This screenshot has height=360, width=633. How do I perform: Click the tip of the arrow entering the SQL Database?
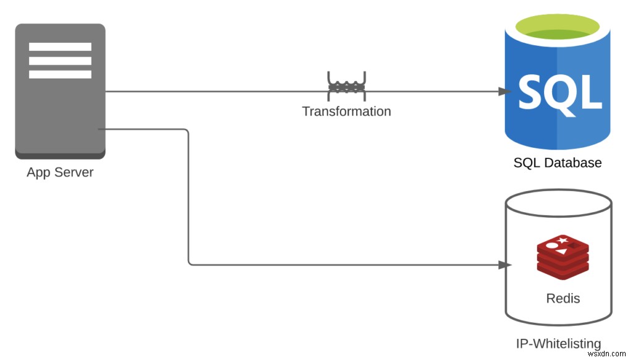pos(511,92)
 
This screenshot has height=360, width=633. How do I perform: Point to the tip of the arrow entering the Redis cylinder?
pos(511,265)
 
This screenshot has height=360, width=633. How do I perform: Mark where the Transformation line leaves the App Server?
pos(106,92)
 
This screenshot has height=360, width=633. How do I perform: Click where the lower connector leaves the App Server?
pos(98,129)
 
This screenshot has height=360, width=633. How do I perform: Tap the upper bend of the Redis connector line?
pos(188,130)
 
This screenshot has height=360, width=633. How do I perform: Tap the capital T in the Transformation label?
pos(307,111)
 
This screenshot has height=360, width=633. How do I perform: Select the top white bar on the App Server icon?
pos(60,47)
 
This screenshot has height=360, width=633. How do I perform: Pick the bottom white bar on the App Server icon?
pos(60,74)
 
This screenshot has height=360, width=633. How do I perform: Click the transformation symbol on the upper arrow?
pos(346,86)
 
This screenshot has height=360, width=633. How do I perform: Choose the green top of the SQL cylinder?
pos(558,27)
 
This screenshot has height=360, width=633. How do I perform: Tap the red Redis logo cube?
pos(563,257)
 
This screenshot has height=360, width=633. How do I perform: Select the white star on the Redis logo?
pos(562,241)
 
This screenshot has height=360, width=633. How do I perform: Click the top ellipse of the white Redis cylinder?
pos(559,204)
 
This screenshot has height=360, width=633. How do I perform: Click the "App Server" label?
pos(60,173)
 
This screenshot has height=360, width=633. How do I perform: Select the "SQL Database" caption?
pos(558,163)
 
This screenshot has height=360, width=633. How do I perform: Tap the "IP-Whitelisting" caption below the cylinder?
pos(558,343)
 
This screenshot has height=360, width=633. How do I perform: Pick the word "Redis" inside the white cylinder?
pos(563,299)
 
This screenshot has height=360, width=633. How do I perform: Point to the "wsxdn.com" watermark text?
pos(607,354)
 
